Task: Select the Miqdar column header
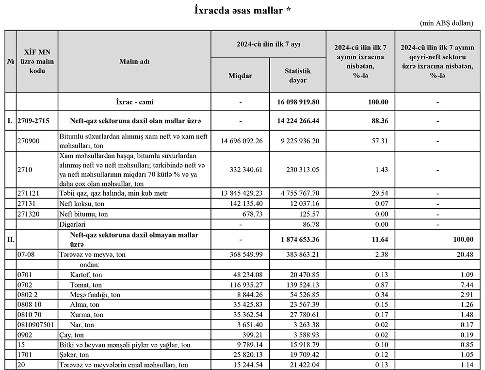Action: (x=240, y=76)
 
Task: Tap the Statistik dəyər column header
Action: (x=298, y=76)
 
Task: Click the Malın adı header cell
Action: (x=134, y=62)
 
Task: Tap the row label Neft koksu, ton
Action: (x=82, y=203)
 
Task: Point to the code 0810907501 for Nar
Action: (x=37, y=324)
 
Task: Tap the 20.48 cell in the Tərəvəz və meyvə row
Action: (x=463, y=254)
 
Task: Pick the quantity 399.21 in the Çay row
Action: (x=252, y=335)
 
